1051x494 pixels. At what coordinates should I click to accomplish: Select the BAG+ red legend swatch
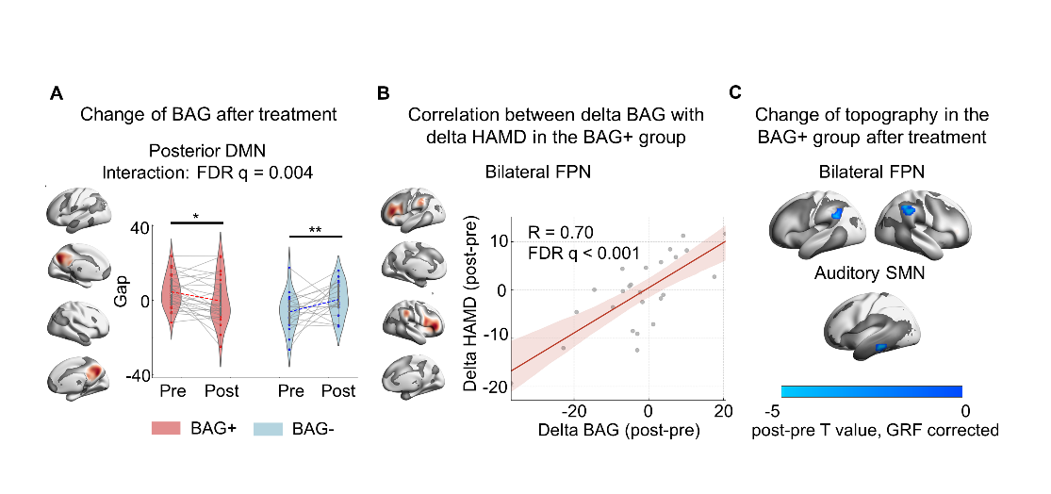tap(171, 429)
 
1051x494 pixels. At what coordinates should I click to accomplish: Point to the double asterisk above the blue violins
tap(315, 230)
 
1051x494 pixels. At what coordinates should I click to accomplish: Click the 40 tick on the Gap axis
tap(141, 227)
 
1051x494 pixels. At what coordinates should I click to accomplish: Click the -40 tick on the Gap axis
tap(138, 375)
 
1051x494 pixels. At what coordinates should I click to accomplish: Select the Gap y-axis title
tap(120, 301)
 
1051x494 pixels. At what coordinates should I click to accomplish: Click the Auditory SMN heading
tap(870, 273)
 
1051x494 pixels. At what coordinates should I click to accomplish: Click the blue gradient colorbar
tap(871, 391)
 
